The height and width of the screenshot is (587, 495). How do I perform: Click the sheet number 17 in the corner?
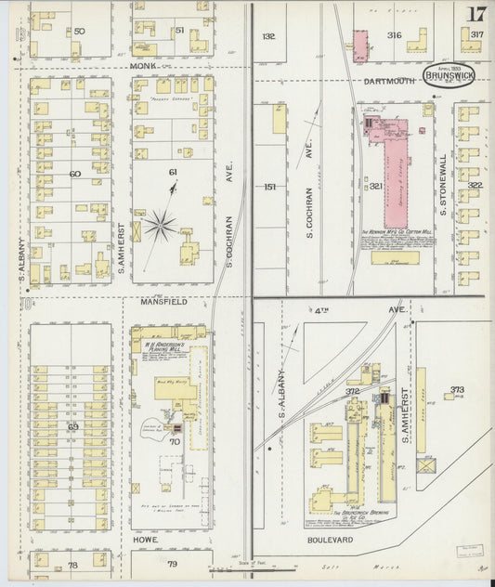pyautogui.click(x=475, y=14)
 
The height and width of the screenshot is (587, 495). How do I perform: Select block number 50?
pyautogui.click(x=79, y=32)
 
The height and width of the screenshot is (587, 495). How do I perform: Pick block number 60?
pyautogui.click(x=74, y=174)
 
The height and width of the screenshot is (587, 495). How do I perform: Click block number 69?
pyautogui.click(x=72, y=426)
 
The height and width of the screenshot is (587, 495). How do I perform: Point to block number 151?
pyautogui.click(x=269, y=187)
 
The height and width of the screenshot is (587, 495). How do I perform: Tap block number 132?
pyautogui.click(x=268, y=36)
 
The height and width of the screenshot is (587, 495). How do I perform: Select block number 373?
pyautogui.click(x=457, y=389)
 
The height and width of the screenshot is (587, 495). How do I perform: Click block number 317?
pyautogui.click(x=476, y=35)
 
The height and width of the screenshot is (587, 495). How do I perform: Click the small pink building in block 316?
pyautogui.click(x=360, y=43)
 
